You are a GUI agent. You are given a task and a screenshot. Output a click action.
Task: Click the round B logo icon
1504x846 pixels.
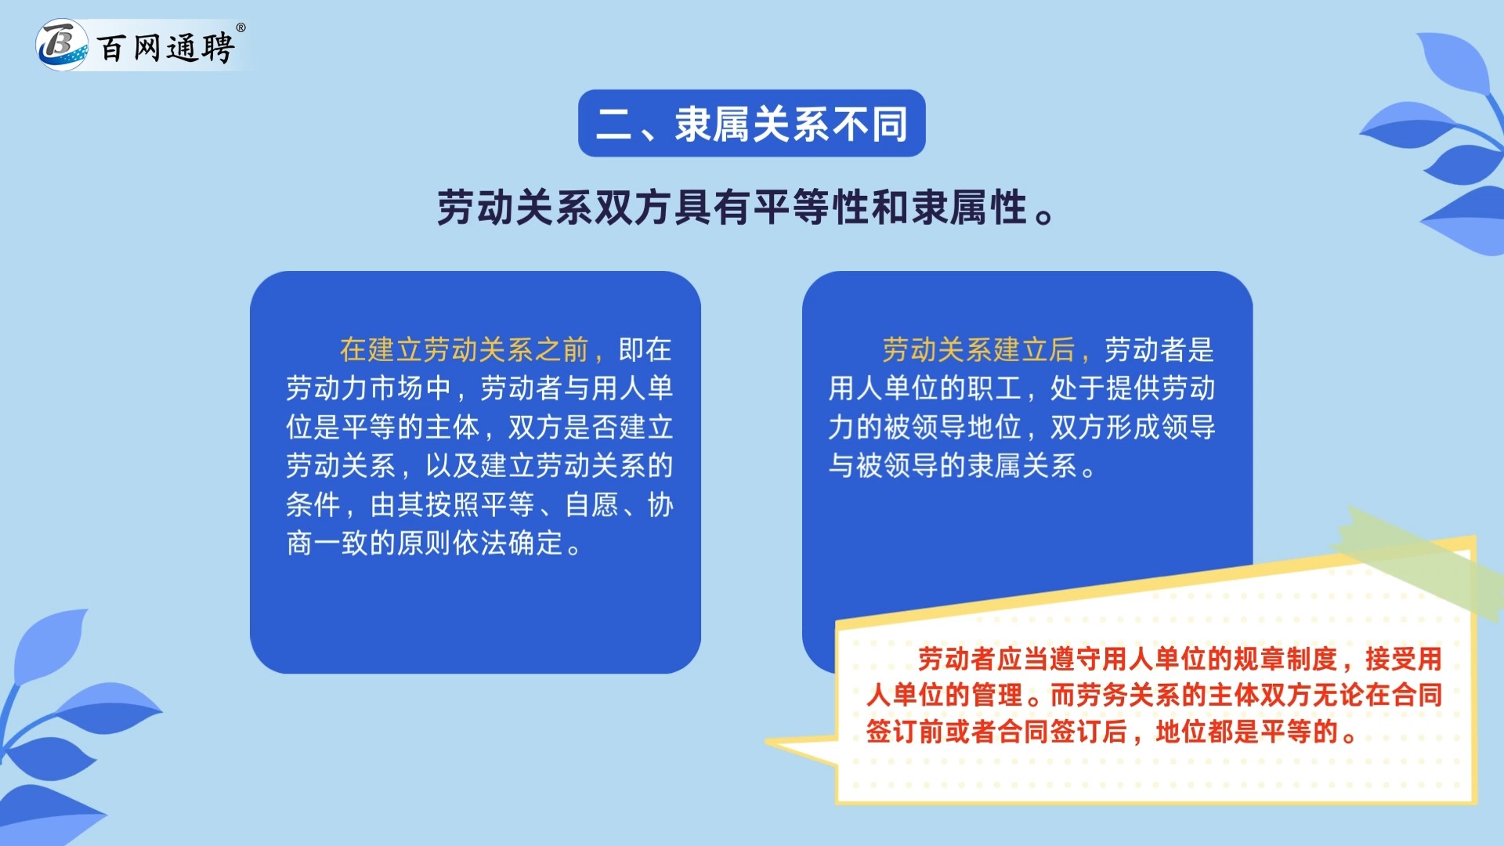tap(61, 45)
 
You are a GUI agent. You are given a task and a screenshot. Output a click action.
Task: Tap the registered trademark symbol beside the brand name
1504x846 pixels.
tap(240, 28)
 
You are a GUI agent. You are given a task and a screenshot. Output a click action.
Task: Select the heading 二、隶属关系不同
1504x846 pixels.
tap(751, 124)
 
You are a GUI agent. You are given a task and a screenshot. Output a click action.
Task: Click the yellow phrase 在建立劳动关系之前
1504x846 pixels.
tap(464, 350)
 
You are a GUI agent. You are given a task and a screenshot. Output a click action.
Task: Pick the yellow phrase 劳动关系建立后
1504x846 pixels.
tap(978, 350)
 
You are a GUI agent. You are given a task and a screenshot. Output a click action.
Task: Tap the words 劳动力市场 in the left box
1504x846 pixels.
tap(355, 389)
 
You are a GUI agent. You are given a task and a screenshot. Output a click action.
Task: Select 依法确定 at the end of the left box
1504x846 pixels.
tap(508, 544)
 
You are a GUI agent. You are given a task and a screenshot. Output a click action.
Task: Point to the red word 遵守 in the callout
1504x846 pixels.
tap(1076, 660)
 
